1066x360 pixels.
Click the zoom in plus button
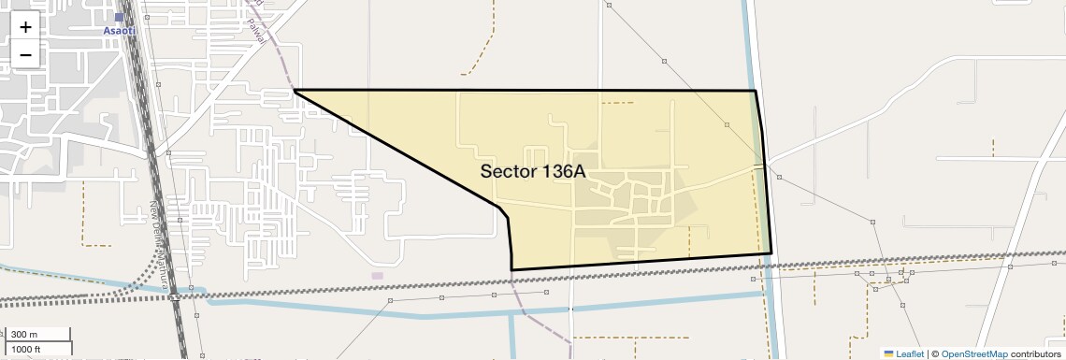[x=25, y=27]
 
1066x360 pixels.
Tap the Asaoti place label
[x=119, y=30]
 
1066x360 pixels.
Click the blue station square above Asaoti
[x=119, y=17]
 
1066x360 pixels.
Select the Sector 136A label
[x=532, y=171]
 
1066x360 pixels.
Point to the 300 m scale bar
[x=37, y=335]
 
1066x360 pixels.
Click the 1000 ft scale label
[x=26, y=349]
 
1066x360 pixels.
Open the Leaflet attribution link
[x=909, y=353]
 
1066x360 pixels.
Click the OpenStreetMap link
[x=973, y=353]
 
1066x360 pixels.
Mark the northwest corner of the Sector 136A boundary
[x=295, y=91]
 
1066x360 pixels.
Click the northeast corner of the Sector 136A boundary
[x=756, y=91]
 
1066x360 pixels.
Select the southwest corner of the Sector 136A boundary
[x=511, y=269]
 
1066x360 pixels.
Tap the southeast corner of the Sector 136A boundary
[x=771, y=253]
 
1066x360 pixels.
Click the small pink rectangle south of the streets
[x=377, y=275]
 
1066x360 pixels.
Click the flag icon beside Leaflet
[x=888, y=353]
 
